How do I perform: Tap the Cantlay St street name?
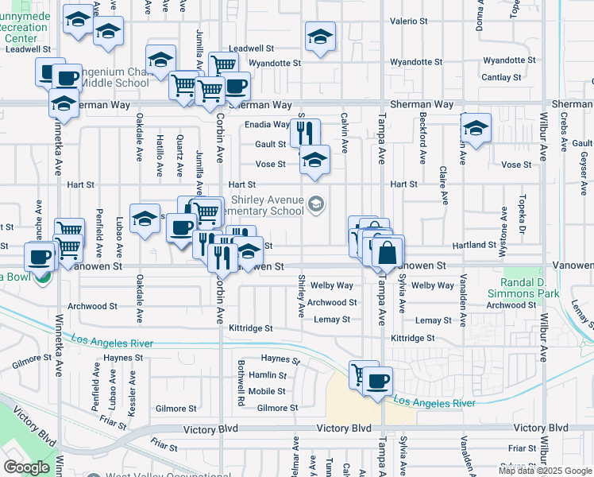(x=501, y=78)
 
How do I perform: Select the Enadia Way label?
(x=266, y=125)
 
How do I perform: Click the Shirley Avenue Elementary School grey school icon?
(x=316, y=205)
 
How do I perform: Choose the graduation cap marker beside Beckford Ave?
(x=475, y=127)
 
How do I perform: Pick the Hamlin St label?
(x=267, y=375)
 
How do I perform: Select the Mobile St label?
(x=267, y=392)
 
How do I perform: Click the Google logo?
(x=26, y=467)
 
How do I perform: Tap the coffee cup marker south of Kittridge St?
(x=378, y=379)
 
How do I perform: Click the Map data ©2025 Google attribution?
(x=545, y=471)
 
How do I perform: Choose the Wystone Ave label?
(x=503, y=227)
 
